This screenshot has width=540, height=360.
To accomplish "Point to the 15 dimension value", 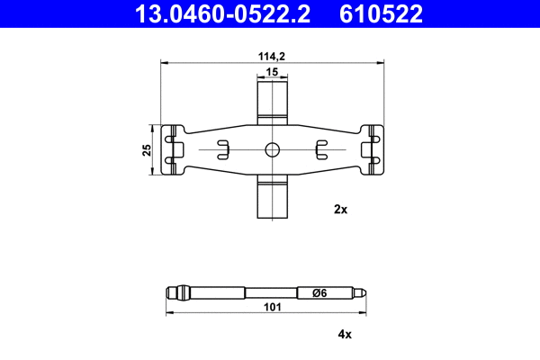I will [x=272, y=71].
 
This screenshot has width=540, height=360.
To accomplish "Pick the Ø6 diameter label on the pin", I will [x=318, y=292].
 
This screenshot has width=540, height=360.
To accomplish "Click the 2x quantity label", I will [x=340, y=209].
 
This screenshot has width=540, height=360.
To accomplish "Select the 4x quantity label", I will [x=344, y=334].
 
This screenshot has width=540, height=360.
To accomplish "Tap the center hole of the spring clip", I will [x=273, y=149].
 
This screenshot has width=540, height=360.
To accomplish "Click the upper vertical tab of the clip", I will [x=273, y=100].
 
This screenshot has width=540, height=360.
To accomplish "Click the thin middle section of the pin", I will [x=270, y=292].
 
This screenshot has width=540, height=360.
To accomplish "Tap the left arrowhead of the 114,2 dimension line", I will [x=163, y=62].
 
